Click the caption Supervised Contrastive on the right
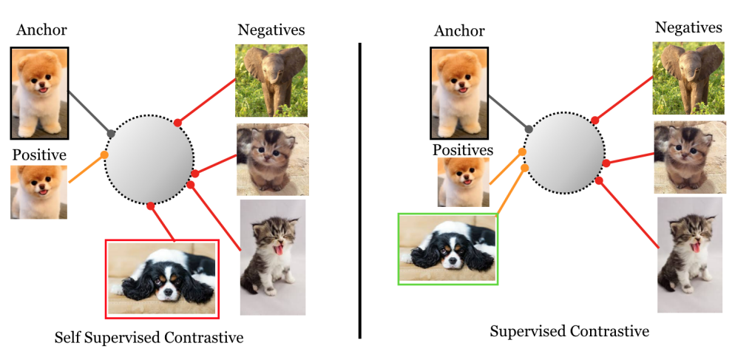click(569, 331)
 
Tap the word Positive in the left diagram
click(39, 155)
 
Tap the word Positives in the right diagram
click(462, 150)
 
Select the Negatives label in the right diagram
click(688, 28)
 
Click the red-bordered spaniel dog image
click(162, 278)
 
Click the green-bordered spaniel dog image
click(447, 248)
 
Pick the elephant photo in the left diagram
click(271, 81)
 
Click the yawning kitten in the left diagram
click(272, 257)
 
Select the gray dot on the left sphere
click(112, 134)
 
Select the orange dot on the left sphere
click(104, 154)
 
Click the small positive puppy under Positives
click(463, 182)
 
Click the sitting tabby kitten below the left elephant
click(272, 159)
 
